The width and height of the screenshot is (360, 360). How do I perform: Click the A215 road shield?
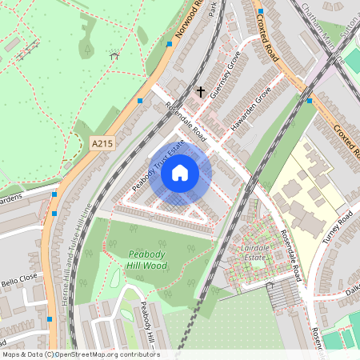101,143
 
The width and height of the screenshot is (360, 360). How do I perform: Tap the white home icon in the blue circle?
180,172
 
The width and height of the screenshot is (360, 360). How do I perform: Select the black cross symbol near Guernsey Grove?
201,91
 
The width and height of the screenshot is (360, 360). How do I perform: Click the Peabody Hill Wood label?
147,259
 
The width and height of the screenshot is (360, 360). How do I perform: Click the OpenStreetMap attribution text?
81,354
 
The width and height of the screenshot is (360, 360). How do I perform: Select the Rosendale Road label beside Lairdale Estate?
291,256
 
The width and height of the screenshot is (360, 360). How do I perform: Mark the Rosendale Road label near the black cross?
186,123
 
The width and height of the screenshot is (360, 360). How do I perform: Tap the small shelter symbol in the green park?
114,56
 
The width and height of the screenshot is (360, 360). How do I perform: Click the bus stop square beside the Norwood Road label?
169,44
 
